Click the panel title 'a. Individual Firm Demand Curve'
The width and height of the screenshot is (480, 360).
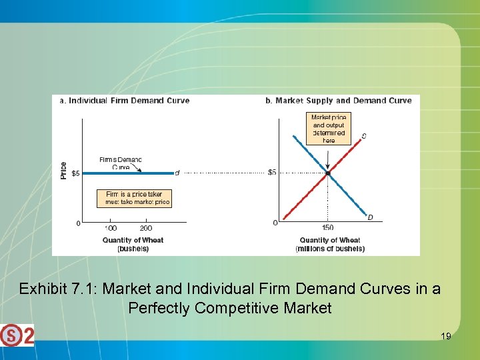(125, 101)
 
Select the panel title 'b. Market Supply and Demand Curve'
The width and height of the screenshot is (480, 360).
(339, 101)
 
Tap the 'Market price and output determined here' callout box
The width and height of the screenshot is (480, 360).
(329, 128)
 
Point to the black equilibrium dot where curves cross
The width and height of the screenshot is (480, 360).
(328, 173)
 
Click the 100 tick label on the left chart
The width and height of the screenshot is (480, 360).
(111, 228)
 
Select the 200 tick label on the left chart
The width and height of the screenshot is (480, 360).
(145, 228)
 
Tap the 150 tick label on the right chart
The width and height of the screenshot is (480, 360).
(328, 228)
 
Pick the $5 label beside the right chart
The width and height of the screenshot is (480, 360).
(272, 173)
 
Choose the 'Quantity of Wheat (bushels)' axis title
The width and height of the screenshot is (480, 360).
(133, 244)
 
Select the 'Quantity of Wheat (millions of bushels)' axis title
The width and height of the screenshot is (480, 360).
(330, 244)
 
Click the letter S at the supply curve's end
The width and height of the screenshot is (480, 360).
(364, 137)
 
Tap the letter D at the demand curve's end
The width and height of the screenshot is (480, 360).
(370, 217)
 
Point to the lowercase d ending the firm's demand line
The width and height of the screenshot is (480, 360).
(177, 173)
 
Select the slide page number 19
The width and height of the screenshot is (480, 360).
(446, 337)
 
